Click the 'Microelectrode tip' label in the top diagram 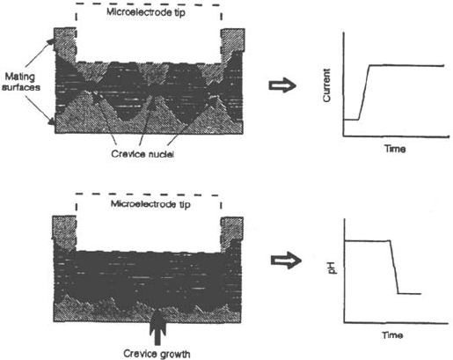coord(146,12)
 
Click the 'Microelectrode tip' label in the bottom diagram coord(150,204)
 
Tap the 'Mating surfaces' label coord(21,82)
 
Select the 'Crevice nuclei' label coord(142,154)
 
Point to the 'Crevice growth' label coord(157,354)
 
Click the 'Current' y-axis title coord(326,85)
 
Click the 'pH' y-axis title coord(332,268)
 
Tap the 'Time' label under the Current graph coord(395,149)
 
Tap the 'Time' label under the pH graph coord(392,334)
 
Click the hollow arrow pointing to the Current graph coord(282,85)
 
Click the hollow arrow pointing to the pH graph coord(286,261)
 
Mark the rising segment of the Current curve coord(364,92)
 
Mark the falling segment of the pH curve coord(394,267)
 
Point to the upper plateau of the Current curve coord(406,65)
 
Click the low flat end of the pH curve coord(410,293)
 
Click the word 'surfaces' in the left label coord(21,87)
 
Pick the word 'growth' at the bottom coord(173,354)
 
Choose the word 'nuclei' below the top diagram coord(161,154)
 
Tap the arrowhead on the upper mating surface coord(52,41)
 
